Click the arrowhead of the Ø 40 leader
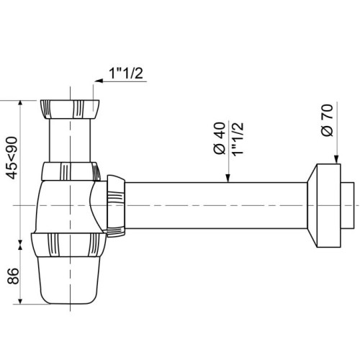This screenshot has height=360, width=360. click(x=228, y=181)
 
